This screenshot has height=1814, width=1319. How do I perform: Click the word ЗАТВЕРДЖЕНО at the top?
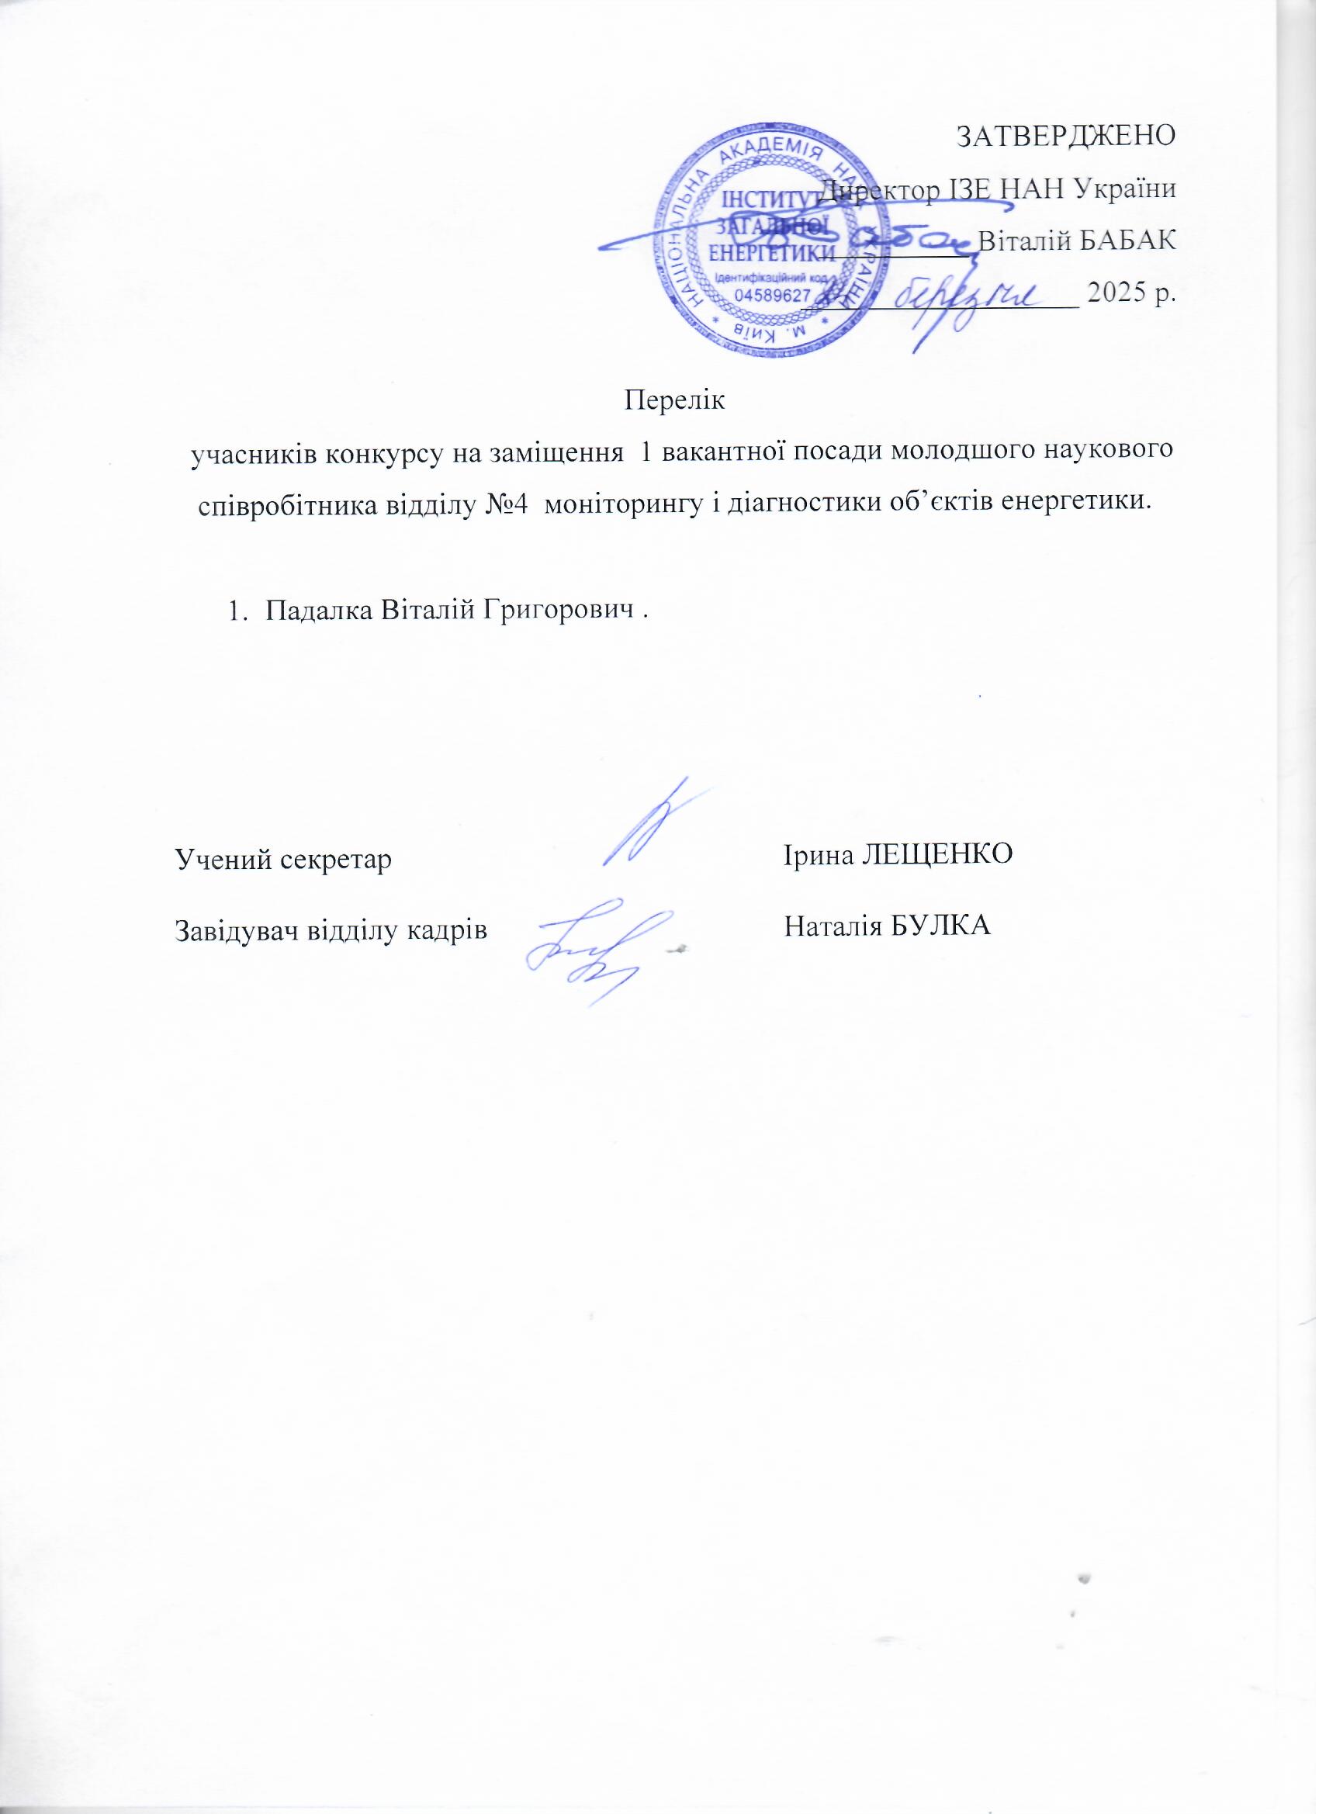(x=1066, y=137)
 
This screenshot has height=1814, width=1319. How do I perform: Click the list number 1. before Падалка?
(x=236, y=611)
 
